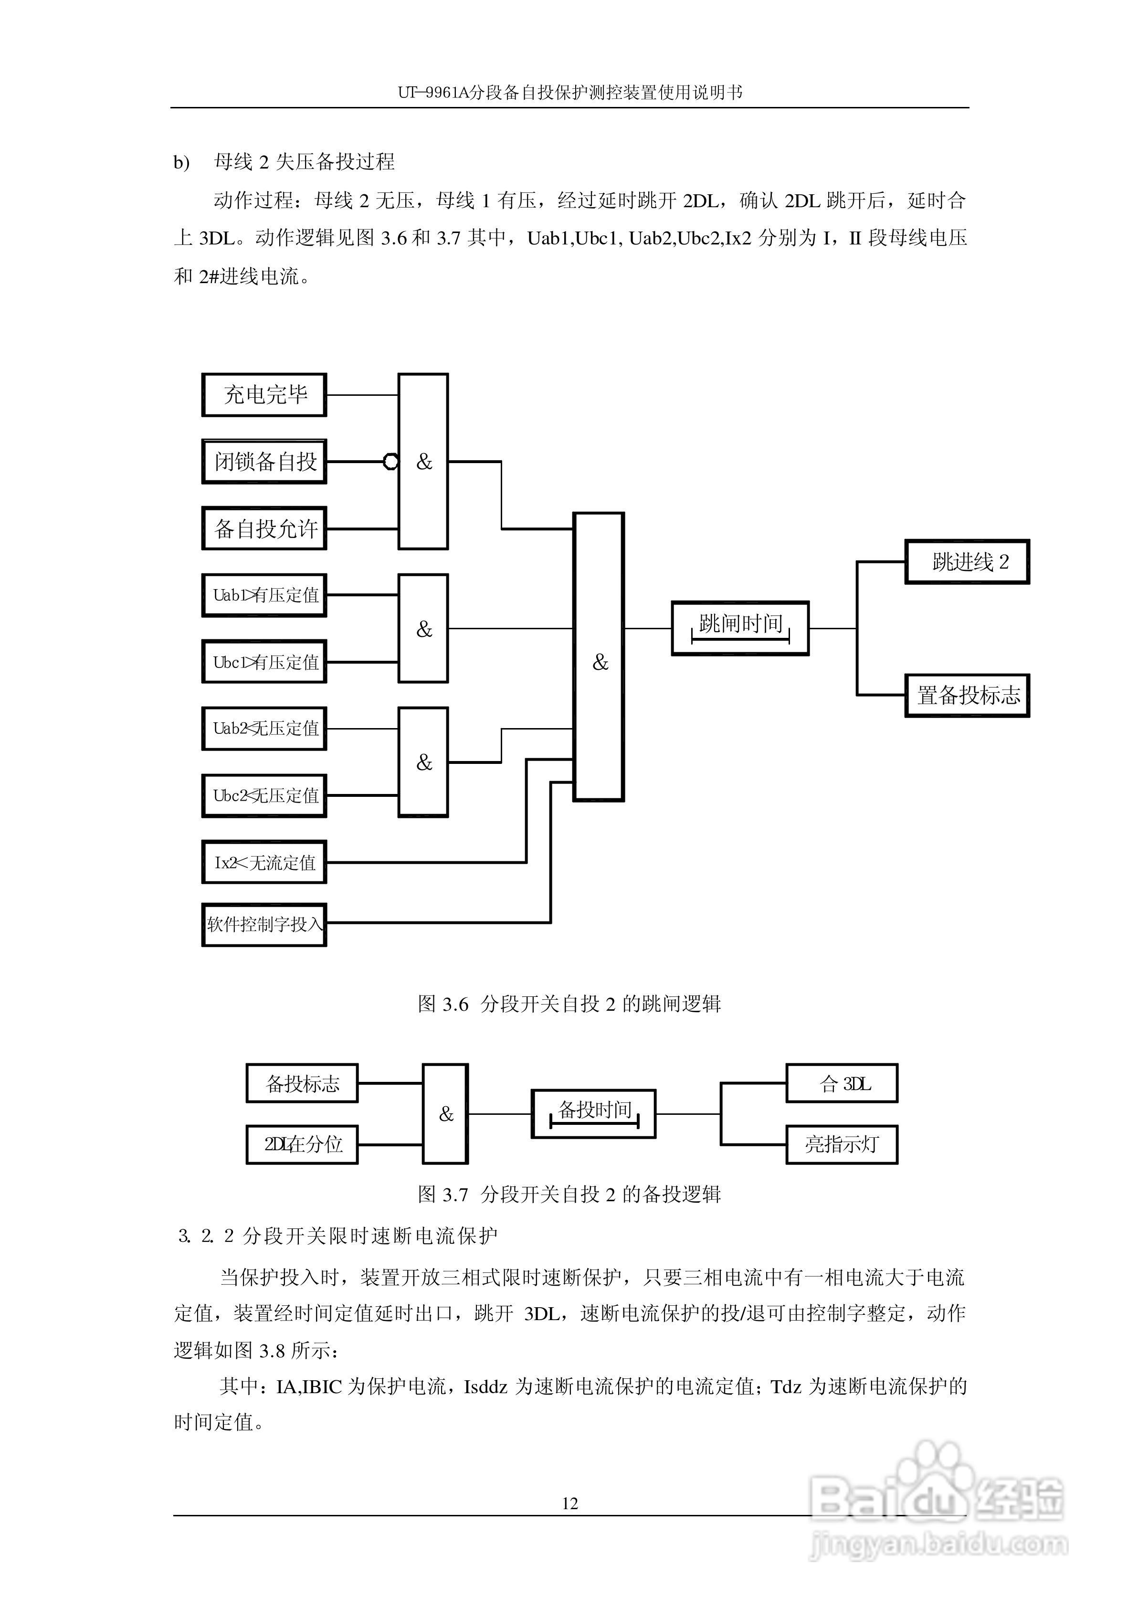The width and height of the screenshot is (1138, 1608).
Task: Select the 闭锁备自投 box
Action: (264, 462)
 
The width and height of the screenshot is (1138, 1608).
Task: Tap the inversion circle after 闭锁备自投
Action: (391, 462)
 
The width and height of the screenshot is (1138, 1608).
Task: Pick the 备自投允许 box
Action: (264, 529)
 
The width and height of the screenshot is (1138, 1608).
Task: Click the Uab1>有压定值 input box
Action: (264, 595)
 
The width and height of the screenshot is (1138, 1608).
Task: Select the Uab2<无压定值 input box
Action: (264, 729)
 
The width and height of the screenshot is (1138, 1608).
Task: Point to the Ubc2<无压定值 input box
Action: (264, 796)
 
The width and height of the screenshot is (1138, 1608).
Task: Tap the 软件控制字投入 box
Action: (264, 925)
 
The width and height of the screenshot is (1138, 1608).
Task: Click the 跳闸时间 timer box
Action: (740, 628)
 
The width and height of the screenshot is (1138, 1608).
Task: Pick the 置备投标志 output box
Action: (967, 696)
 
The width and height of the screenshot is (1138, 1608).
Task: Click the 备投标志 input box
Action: (302, 1084)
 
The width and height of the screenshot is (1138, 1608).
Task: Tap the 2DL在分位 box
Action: (302, 1144)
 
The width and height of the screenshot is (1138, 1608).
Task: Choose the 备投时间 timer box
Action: (593, 1113)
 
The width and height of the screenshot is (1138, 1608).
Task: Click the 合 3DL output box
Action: (842, 1084)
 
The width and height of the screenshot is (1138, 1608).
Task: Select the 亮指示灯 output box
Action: (842, 1144)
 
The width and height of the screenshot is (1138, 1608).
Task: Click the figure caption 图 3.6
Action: (569, 1005)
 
